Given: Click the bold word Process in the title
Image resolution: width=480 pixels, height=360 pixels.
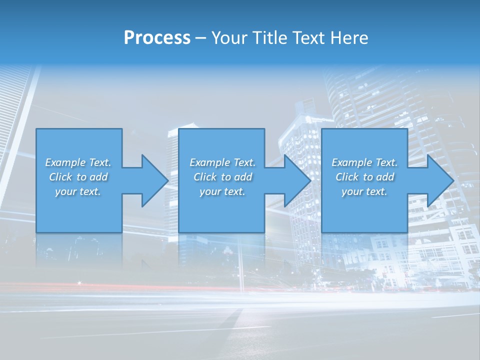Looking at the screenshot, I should [157, 38].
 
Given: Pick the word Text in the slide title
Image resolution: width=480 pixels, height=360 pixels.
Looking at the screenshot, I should [309, 38].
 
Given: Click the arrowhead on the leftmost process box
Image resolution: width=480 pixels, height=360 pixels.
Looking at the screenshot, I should [153, 180].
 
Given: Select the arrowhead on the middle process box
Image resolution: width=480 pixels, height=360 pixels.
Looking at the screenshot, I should [296, 180].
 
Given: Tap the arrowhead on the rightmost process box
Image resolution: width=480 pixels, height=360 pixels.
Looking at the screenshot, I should [438, 180].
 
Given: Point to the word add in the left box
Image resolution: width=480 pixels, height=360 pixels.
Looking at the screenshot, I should [99, 177].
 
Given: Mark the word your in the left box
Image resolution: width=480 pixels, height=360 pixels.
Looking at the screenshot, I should [65, 191].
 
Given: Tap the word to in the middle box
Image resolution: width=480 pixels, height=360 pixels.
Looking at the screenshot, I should [226, 177].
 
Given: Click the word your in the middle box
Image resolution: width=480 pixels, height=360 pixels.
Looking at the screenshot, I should [210, 191].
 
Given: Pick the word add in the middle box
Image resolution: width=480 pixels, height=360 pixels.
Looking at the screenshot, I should [243, 177].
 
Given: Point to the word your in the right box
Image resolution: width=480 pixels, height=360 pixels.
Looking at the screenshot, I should [352, 191].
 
